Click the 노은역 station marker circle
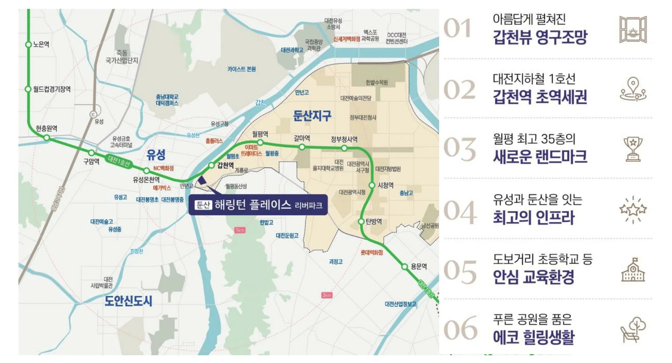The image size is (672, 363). point(28,45)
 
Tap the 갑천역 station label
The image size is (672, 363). point(225,165)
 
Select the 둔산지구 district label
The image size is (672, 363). point(312,116)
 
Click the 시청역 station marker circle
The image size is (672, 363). point(372,185)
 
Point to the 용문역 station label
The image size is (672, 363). point(419,266)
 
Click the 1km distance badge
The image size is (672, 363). point(240,230)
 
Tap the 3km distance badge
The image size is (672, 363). point(327,295)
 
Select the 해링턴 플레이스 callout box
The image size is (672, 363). point(258,205)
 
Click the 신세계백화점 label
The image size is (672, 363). point(346,39)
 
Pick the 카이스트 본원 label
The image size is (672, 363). point(242,69)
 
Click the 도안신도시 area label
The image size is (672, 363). point(128,301)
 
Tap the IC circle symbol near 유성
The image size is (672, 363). point(93,114)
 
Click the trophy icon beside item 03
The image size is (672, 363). point(633,149)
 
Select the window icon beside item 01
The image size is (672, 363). point(633,30)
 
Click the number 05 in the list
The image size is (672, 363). point(460,271)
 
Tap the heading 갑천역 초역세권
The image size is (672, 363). point(540,97)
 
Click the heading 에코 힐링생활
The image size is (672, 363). point(534,337)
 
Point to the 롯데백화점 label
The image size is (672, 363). point(372,252)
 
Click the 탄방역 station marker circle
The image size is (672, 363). point(361,221)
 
